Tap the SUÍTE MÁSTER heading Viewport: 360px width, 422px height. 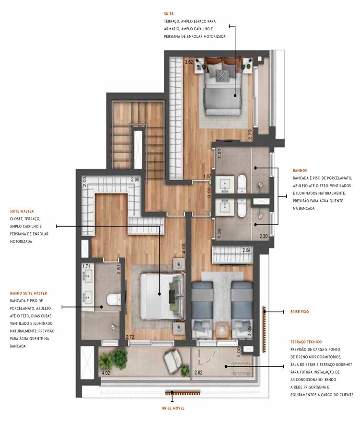(x=22, y=211)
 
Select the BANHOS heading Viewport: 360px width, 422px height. (x=300, y=171)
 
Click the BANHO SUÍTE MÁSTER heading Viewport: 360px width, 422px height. (x=28, y=293)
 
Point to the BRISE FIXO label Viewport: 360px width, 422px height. (x=300, y=312)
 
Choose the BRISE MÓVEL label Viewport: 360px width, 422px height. (x=173, y=408)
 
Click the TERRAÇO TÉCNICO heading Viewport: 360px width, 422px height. (x=306, y=342)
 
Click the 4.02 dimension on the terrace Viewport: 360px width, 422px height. (x=105, y=372)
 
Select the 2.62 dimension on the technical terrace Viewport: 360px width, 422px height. (x=198, y=372)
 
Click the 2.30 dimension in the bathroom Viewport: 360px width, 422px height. (x=264, y=236)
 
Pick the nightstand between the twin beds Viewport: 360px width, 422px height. (x=222, y=330)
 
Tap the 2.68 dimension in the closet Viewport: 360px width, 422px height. (x=136, y=180)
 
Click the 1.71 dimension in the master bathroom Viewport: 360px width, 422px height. (x=86, y=266)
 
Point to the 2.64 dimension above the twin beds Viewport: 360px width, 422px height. (x=247, y=250)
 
